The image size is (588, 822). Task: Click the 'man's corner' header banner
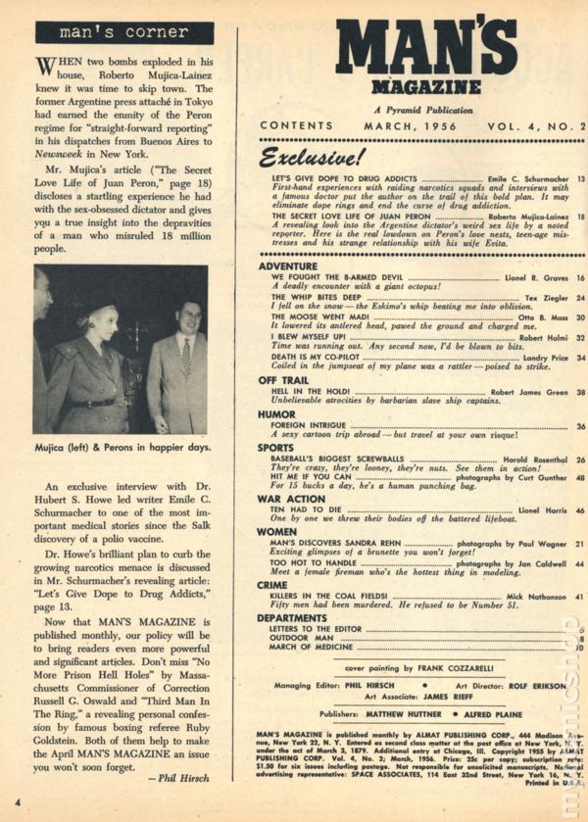click(x=123, y=33)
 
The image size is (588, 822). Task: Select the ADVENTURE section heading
click(x=288, y=266)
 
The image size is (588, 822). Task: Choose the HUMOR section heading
click(x=276, y=414)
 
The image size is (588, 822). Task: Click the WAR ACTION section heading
click(x=292, y=498)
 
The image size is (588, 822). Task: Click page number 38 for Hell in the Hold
click(x=580, y=392)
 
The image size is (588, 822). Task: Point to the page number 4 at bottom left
click(x=17, y=806)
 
